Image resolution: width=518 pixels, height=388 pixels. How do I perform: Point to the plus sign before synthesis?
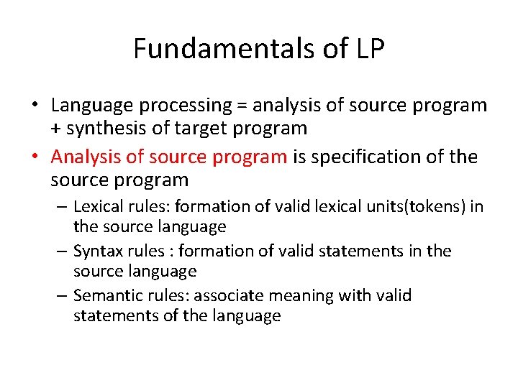coord(56,129)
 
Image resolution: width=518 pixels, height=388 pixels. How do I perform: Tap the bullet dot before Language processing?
coord(35,106)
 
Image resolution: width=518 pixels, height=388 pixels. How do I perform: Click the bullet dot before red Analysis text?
coord(35,157)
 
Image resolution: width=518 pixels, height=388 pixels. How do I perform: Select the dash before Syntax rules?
coord(63,251)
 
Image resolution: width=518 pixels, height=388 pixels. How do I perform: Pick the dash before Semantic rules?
coord(63,296)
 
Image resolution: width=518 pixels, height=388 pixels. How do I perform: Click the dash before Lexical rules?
coord(63,207)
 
